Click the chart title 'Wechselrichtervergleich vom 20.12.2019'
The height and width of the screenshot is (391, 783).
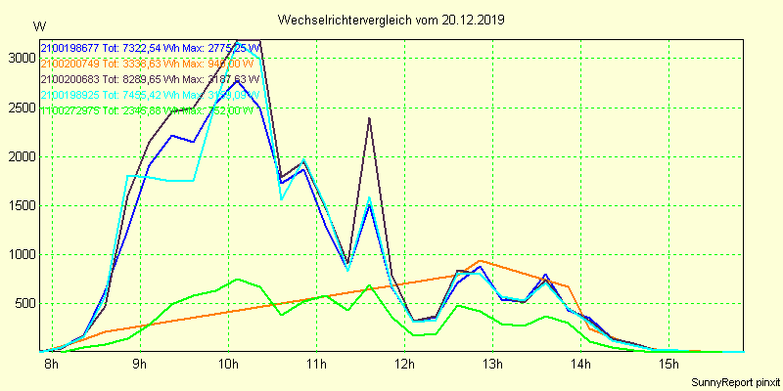pos(391,20)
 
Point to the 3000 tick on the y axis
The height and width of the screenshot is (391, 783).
pos(20,58)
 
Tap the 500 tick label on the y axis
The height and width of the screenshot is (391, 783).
pos(23,303)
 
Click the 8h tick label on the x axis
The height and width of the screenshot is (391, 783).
pos(51,366)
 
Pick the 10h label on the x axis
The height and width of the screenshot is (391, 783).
pos(228,366)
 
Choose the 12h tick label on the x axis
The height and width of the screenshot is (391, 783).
pos(404,366)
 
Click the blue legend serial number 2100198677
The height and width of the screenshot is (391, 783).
pos(69,48)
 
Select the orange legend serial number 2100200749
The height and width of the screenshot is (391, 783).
pos(69,64)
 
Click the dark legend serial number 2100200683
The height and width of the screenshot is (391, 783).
pos(69,79)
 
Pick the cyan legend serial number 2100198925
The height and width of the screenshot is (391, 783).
pos(69,95)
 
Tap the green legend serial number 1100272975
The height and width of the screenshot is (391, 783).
pos(69,110)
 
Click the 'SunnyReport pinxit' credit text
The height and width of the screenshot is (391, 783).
pos(733,379)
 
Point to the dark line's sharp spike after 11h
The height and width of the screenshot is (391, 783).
pos(369,118)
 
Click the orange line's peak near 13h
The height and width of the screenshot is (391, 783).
pos(480,261)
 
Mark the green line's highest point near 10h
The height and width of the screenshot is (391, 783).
pos(237,280)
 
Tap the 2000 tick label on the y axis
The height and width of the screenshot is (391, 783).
pos(20,156)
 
